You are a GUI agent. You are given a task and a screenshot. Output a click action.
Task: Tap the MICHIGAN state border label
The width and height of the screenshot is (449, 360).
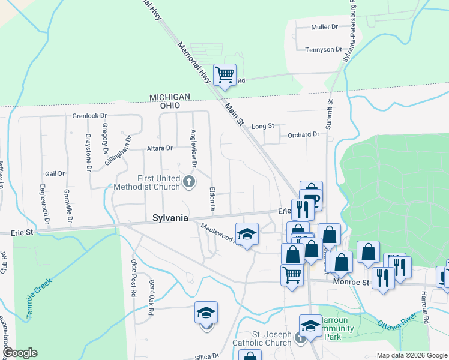pos(170,97)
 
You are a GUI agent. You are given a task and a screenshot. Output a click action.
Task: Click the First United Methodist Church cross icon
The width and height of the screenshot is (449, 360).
pos(190,181)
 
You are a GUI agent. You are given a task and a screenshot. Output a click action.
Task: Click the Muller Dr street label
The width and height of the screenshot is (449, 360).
pos(325,28)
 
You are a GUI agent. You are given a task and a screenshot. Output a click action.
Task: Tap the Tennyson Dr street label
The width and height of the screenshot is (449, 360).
pos(324,49)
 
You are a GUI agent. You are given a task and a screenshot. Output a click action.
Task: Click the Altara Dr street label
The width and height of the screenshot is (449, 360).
pos(160,148)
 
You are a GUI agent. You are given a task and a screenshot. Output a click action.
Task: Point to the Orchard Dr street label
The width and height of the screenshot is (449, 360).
pos(303,135)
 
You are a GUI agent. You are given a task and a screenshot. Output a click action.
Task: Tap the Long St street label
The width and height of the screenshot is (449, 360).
pos(262,126)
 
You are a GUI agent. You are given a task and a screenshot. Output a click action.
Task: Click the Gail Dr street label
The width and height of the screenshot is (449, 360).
pos(55,173)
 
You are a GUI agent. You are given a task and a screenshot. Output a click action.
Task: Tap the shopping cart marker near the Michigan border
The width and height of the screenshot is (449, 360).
pos(224,75)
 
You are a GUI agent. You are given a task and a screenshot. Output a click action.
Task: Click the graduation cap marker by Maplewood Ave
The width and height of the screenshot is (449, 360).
pos(247,233)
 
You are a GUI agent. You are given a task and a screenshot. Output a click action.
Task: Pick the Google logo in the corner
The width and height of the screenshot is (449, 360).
pos(19,353)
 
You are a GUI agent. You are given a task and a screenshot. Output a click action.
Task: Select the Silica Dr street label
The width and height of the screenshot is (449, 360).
pos(207,355)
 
